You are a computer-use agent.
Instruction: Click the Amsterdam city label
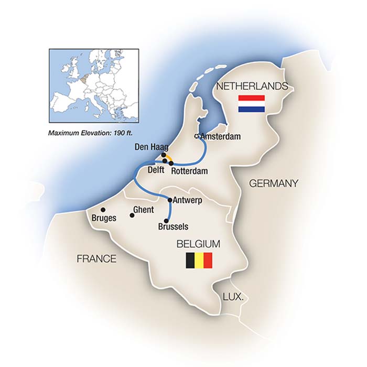[x=221, y=136]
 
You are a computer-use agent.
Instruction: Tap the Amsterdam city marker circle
[x=197, y=136]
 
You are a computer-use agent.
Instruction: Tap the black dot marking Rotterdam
[x=171, y=163]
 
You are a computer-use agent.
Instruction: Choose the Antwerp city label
[x=188, y=200]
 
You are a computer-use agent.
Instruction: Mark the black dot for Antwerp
[x=170, y=200]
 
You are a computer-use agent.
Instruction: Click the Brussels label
[x=172, y=227]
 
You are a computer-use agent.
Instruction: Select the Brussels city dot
[x=167, y=221]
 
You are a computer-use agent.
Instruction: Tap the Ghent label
[x=143, y=210]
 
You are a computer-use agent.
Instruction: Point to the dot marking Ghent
[x=132, y=214]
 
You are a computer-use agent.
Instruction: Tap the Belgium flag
[x=199, y=261]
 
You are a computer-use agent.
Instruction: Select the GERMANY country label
[x=274, y=183]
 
